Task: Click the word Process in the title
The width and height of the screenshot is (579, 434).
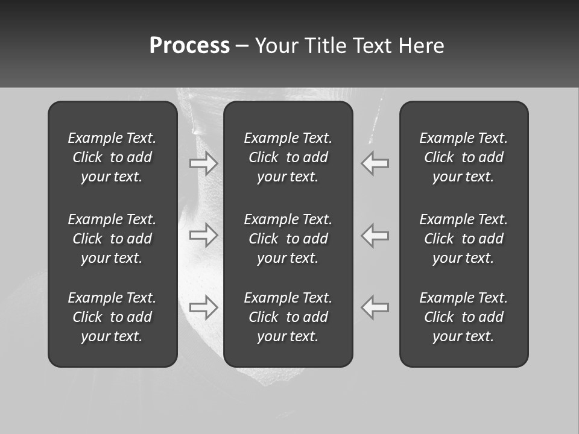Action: pyautogui.click(x=189, y=46)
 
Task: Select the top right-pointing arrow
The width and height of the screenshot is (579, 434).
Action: pyautogui.click(x=204, y=163)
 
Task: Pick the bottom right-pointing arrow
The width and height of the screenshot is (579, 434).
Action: pyautogui.click(x=204, y=307)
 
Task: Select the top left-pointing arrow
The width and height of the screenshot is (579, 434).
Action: pyautogui.click(x=375, y=163)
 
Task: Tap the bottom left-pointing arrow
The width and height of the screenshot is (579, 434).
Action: pyautogui.click(x=375, y=307)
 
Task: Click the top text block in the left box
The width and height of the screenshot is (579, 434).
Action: pyautogui.click(x=112, y=157)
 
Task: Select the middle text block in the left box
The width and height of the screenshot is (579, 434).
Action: pyautogui.click(x=112, y=239)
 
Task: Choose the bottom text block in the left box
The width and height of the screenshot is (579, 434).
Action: pyautogui.click(x=112, y=317)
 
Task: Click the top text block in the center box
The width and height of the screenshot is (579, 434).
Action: pyautogui.click(x=288, y=157)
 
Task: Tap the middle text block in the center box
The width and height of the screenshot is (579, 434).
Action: pyautogui.click(x=288, y=239)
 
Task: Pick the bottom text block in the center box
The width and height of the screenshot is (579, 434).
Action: pyautogui.click(x=288, y=317)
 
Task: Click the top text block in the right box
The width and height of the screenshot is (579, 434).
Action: pyautogui.click(x=464, y=157)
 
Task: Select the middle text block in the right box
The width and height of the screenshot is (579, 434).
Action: pyautogui.click(x=464, y=239)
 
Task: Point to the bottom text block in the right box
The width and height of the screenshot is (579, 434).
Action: pyautogui.click(x=464, y=317)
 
